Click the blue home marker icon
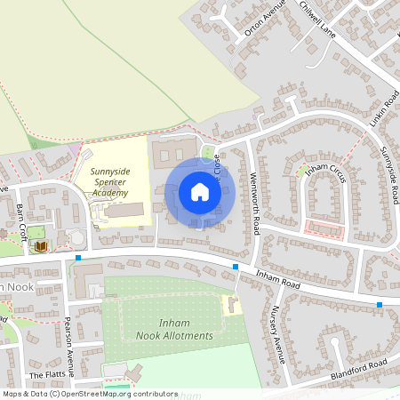pos(200,191)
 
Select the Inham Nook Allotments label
pos(175,329)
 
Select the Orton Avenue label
pos(263,20)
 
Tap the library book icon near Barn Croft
pos(40,245)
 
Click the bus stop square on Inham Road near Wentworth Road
pos(236,267)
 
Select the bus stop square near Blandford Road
pos(380,305)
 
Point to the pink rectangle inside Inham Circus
pos(324,228)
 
